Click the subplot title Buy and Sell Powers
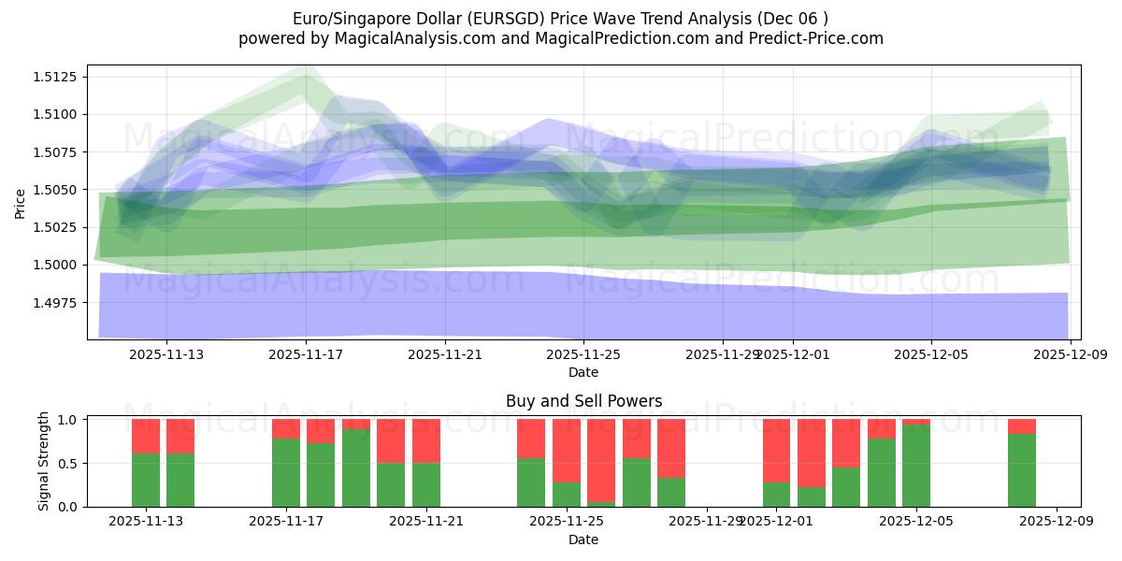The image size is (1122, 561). click(583, 401)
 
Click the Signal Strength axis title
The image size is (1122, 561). click(44, 462)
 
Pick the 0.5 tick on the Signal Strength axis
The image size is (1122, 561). click(68, 464)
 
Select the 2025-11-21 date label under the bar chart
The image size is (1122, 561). click(425, 521)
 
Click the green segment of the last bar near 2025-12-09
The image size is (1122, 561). click(1021, 470)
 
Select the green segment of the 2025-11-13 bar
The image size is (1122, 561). click(146, 480)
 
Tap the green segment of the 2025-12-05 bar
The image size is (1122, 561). click(916, 466)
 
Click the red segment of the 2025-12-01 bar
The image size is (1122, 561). click(777, 451)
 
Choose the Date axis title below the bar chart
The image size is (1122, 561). click(583, 539)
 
